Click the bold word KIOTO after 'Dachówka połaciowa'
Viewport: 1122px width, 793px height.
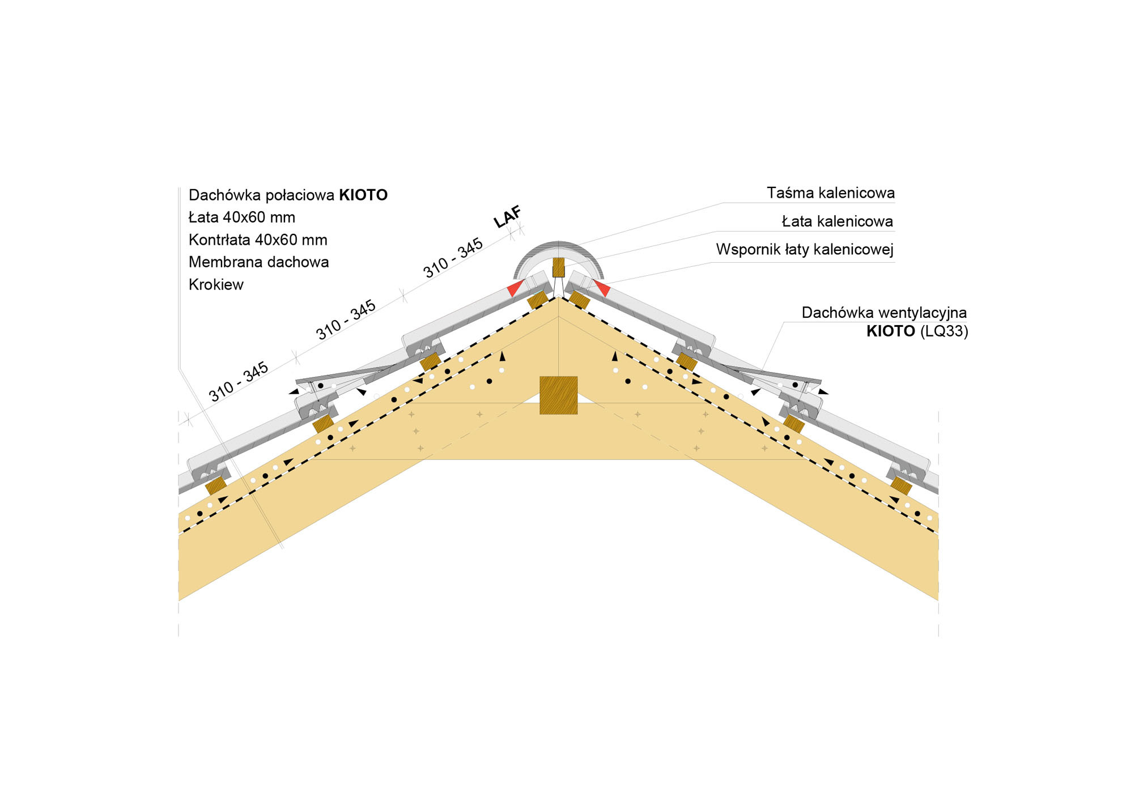click(363, 195)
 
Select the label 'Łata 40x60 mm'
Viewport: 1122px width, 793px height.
click(242, 218)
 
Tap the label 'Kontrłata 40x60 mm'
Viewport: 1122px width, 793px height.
click(258, 240)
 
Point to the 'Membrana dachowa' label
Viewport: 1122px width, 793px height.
click(258, 262)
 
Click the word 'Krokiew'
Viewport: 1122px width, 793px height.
click(216, 285)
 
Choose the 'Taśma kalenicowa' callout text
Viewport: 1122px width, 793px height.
click(830, 193)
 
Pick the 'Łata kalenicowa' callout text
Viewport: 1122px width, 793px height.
click(837, 221)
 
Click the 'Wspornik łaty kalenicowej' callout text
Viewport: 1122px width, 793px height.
click(804, 250)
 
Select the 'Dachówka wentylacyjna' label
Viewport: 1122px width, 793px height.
click(883, 313)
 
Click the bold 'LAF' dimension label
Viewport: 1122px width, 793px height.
click(507, 217)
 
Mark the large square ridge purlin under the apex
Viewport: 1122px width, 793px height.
click(558, 395)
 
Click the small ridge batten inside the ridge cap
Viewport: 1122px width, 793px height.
click(558, 267)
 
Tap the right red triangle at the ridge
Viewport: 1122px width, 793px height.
click(602, 288)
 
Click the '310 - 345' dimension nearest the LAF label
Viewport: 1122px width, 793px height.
click(453, 258)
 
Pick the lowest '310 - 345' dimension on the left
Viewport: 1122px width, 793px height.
click(238, 382)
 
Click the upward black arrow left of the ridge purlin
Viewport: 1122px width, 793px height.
click(502, 356)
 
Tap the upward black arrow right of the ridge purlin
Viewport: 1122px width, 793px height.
click(615, 356)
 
